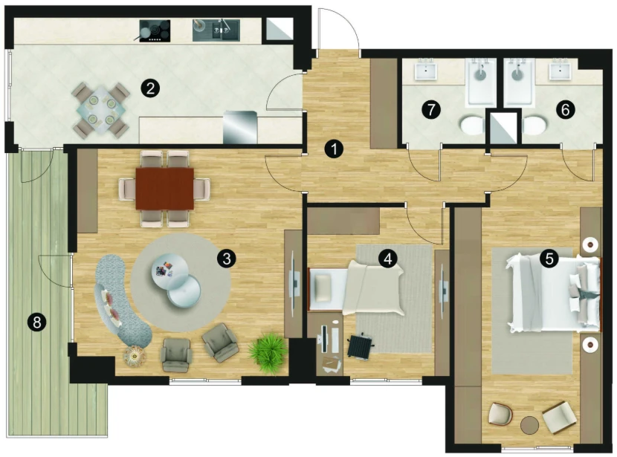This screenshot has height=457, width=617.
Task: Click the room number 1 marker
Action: pyautogui.click(x=334, y=149)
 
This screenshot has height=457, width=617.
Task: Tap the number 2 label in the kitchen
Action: pyautogui.click(x=150, y=88)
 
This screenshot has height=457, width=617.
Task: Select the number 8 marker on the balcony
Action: pyautogui.click(x=37, y=323)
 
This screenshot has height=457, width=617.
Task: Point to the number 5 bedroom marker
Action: pyautogui.click(x=549, y=259)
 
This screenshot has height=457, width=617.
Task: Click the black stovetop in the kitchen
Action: pyautogui.click(x=155, y=30)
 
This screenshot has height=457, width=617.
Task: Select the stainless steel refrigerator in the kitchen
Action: pyautogui.click(x=240, y=127)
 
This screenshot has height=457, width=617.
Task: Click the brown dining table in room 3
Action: pyautogui.click(x=164, y=189)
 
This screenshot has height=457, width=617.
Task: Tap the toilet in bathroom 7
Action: pyautogui.click(x=473, y=126)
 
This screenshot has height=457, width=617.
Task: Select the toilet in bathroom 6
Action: pyautogui.click(x=534, y=126)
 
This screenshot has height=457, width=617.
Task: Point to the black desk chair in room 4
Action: pyautogui.click(x=360, y=346)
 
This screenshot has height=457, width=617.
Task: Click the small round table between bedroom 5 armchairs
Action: pyautogui.click(x=529, y=426)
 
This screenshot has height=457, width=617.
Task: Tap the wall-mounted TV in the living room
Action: pyautogui.click(x=293, y=283)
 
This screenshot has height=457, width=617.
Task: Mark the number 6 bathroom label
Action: pyautogui.click(x=565, y=110)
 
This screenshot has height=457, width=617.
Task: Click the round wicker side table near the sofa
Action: pyautogui.click(x=135, y=357)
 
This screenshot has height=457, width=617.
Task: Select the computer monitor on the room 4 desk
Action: pyautogui.click(x=324, y=339)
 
